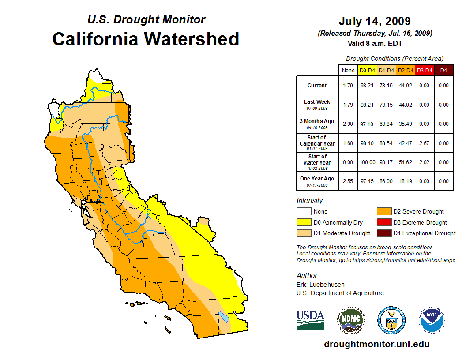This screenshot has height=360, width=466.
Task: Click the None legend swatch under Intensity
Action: click(x=304, y=212)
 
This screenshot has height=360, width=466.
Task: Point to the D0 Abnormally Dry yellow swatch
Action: click(x=304, y=222)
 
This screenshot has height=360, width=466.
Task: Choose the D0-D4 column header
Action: click(x=367, y=70)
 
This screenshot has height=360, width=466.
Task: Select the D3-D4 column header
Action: click(x=424, y=70)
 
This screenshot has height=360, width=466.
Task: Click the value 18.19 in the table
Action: click(x=405, y=181)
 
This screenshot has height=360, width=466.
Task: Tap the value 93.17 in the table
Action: click(x=386, y=162)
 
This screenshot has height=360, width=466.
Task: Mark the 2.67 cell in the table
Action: click(x=424, y=143)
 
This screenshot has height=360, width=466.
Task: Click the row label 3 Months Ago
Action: click(x=317, y=121)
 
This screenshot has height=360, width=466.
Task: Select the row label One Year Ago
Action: click(x=317, y=179)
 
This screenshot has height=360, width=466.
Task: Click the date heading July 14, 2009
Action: click(x=375, y=21)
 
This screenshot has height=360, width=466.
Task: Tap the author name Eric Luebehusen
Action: click(x=320, y=285)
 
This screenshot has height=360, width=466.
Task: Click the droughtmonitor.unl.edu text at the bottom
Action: click(x=376, y=344)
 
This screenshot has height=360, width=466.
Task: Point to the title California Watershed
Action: click(x=146, y=39)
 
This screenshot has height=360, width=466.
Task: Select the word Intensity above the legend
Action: click(x=310, y=201)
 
